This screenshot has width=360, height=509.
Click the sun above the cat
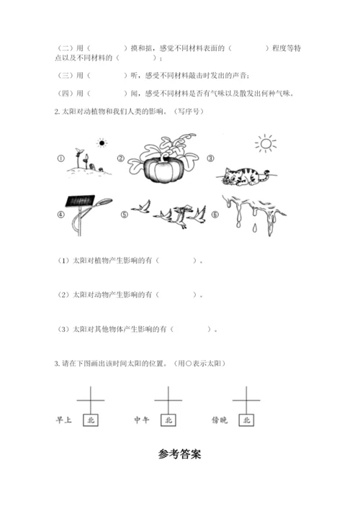266,143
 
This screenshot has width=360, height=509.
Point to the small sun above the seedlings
102,143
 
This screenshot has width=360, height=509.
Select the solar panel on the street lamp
80,201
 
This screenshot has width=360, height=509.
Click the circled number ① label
60,158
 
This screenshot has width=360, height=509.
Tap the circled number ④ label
60,215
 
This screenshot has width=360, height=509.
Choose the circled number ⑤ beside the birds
125,215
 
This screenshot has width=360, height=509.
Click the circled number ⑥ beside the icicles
215,215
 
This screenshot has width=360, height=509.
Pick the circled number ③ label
211,158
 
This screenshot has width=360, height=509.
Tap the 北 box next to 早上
91,420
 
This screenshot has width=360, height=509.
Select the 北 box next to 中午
168,420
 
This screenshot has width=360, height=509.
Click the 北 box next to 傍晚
246,420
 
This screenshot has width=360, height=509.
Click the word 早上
63,420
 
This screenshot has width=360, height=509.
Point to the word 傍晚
220,420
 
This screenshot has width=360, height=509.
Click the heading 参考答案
180,454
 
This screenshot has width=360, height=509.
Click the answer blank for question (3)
190,329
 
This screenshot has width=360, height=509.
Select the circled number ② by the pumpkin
121,158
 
